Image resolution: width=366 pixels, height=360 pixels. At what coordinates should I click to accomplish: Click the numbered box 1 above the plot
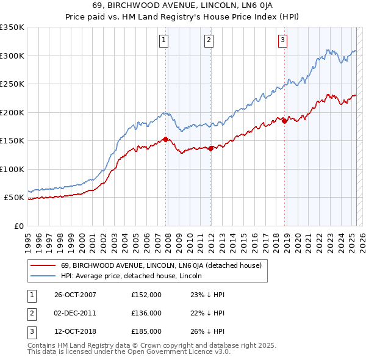pos(165,41)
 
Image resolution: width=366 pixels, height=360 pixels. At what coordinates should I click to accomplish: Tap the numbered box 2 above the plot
pos(209,41)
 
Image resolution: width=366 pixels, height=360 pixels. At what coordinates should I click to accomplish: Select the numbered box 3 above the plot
pos(283,41)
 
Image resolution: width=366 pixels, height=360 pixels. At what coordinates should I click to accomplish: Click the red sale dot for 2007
pos(165,140)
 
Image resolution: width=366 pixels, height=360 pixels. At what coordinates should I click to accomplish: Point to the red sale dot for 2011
pos(210,148)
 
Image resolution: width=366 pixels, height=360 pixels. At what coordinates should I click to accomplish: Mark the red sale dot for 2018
pos(284,121)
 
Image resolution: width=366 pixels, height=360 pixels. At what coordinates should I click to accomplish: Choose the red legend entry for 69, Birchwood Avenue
pos(161,265)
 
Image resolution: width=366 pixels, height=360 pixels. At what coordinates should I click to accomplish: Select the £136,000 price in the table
pos(146,314)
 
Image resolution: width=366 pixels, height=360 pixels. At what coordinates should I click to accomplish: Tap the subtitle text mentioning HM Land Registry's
pos(183,18)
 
